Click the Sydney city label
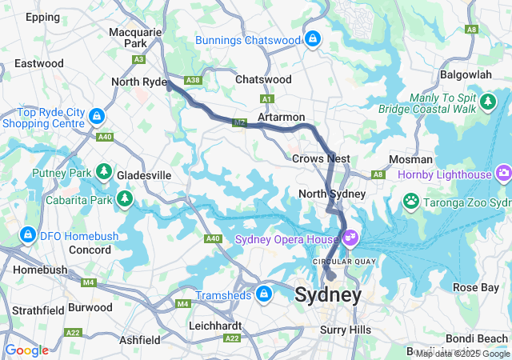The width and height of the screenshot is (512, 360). click(x=328, y=295)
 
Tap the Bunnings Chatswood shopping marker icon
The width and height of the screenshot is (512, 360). click(x=312, y=38)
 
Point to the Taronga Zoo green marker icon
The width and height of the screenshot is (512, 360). click(x=411, y=200)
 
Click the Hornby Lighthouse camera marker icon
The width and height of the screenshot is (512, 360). click(x=503, y=172)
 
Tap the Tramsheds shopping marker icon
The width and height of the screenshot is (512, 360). click(x=263, y=294)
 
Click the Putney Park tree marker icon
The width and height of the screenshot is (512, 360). click(x=103, y=171)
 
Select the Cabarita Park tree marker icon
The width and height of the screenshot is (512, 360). click(x=124, y=198)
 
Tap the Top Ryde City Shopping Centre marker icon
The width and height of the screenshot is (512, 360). click(x=97, y=117)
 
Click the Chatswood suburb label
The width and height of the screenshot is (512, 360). click(x=263, y=80)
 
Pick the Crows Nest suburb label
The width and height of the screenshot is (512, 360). click(x=321, y=158)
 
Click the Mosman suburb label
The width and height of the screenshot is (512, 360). click(x=410, y=159)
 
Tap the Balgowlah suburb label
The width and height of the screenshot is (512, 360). click(x=466, y=74)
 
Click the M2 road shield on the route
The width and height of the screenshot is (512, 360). click(x=239, y=122)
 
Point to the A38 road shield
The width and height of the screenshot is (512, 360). click(x=192, y=81)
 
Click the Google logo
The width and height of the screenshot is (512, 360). click(x=26, y=350)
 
